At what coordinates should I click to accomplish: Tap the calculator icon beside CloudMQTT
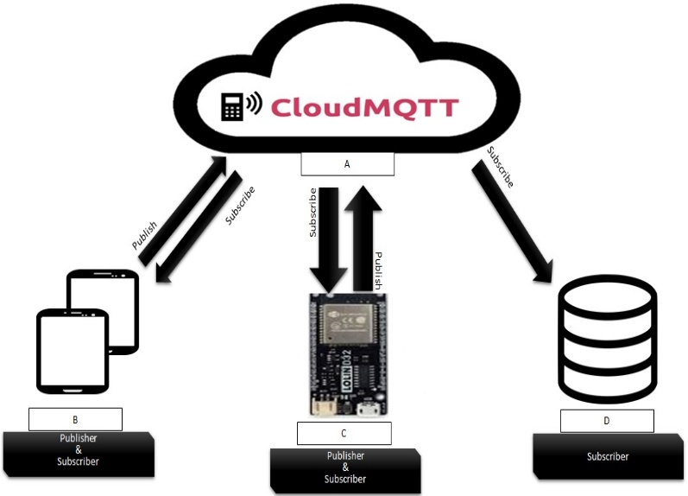tap(232, 106)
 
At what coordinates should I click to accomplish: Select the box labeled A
tap(347, 163)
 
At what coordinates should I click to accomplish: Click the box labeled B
tap(75, 419)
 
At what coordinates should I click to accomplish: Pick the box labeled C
tap(344, 433)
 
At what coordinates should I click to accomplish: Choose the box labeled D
tap(606, 421)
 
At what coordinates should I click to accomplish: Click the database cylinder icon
tap(608, 338)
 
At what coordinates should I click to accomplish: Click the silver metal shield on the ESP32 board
tap(345, 325)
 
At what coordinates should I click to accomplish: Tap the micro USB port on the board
tap(369, 406)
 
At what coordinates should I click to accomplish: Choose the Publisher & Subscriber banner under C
tap(344, 467)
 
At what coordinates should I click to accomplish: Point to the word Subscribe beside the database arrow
tap(501, 167)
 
